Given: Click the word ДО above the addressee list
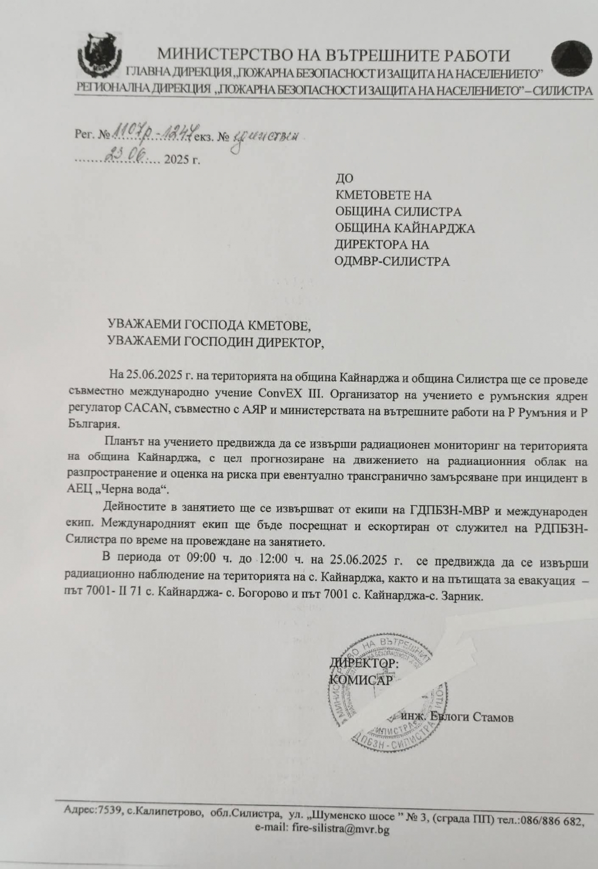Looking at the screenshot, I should [x=344, y=178].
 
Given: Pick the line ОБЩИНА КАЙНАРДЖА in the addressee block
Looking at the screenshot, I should [x=405, y=228].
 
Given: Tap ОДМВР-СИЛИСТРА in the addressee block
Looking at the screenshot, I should [x=392, y=261].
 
